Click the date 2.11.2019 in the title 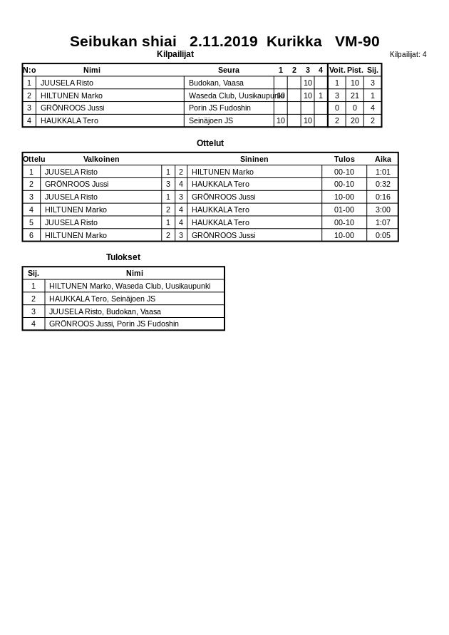tap(223, 41)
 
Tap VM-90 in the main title tap(357, 41)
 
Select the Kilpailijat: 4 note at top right tap(408, 54)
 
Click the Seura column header tap(229, 70)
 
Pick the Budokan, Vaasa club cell tap(216, 83)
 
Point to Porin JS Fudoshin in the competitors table tap(220, 108)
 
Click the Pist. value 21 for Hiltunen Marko tap(354, 95)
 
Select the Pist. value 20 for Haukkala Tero tap(354, 120)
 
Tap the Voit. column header tap(336, 70)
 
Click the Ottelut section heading tap(210, 143)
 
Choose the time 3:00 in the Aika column tap(383, 210)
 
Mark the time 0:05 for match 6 tap(383, 235)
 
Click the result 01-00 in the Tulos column tap(344, 210)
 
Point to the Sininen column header tap(254, 159)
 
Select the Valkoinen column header tap(101, 159)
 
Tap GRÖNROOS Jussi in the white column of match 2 tap(76, 184)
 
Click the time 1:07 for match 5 tap(383, 222)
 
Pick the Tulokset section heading tap(123, 257)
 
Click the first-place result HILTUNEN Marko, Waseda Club tap(130, 286)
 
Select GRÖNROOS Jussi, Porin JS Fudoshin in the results tap(114, 324)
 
